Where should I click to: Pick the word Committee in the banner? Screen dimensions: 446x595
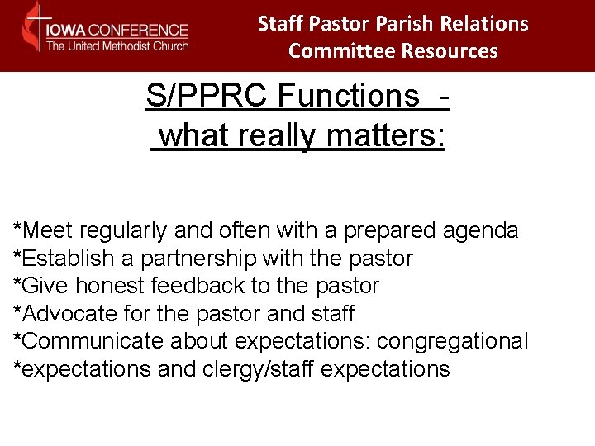[341, 51]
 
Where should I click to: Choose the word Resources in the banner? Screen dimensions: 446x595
[450, 51]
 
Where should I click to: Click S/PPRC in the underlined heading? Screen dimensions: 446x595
[207, 97]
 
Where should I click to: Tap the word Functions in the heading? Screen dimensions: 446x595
[348, 97]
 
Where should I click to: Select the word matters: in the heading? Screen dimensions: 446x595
[386, 135]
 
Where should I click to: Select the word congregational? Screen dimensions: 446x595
[464, 341]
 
